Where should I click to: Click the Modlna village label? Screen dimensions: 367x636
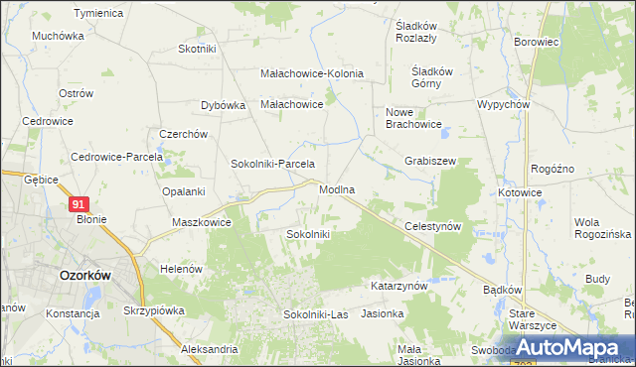click(x=337, y=188)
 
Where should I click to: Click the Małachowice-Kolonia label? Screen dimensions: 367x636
click(x=312, y=73)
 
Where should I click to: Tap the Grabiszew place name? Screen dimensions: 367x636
click(x=429, y=160)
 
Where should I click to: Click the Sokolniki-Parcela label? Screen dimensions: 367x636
click(x=272, y=164)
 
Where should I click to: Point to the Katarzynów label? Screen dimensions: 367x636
click(x=398, y=285)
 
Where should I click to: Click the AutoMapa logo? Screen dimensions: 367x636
click(x=576, y=346)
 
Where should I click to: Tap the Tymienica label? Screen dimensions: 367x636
click(x=98, y=13)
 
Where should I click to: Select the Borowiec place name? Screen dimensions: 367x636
click(x=537, y=43)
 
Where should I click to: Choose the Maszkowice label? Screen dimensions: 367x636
click(x=202, y=222)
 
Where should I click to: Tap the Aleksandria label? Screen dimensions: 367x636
click(x=210, y=349)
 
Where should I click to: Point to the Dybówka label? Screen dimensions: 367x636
click(x=223, y=105)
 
